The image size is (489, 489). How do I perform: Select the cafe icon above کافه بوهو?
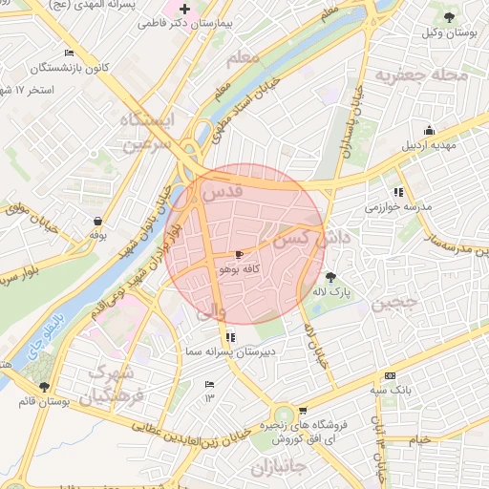238,255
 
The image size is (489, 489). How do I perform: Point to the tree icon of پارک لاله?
331,277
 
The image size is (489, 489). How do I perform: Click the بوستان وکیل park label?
449,33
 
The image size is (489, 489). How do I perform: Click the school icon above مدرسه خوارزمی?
398,192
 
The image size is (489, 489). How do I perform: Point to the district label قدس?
223,192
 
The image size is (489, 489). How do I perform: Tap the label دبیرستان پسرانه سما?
229,352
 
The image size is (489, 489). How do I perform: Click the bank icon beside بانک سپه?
389,376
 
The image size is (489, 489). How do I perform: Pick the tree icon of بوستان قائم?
44,386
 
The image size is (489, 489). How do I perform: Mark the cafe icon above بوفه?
96,220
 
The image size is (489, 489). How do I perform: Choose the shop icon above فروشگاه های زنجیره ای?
303,411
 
